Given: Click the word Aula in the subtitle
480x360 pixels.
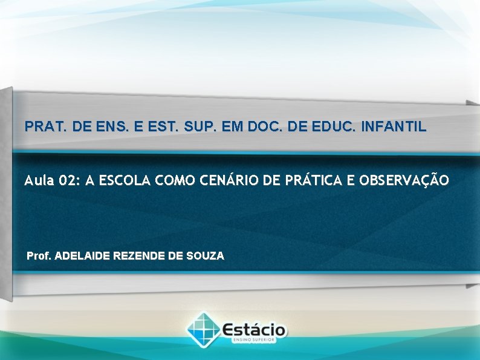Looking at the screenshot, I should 37,180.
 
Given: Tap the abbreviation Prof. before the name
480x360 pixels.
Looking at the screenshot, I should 39,256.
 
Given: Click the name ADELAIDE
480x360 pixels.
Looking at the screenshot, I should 81,256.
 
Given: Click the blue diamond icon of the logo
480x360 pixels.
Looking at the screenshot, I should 204,329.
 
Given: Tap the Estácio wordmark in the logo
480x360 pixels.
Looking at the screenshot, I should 255,330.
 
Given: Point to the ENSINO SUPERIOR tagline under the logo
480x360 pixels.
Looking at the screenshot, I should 254,341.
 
